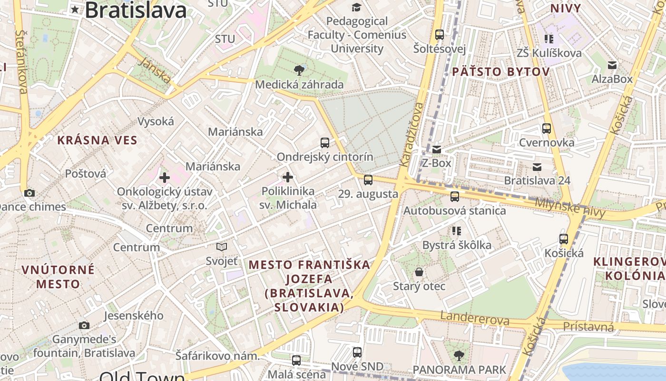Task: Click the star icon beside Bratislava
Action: [x=75, y=9]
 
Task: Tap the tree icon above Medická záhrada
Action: [x=299, y=70]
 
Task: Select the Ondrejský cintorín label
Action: [x=325, y=157]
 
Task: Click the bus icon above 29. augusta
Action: [x=368, y=180]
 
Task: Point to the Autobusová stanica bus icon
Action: [x=455, y=196]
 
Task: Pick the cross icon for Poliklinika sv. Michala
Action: [x=288, y=177]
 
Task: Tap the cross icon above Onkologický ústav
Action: [x=165, y=178]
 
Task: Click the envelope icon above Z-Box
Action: [x=436, y=150]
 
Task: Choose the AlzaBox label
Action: [x=612, y=79]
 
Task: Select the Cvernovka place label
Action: [x=547, y=142]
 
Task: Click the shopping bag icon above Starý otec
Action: [x=419, y=272]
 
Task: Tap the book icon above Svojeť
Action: [x=222, y=247]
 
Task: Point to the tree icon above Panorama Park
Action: [x=459, y=355]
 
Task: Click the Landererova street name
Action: [x=474, y=318]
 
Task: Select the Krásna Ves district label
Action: [x=97, y=140]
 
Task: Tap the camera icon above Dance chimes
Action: [x=29, y=193]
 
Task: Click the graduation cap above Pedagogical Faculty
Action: [x=356, y=7]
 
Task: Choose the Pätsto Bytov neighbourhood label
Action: [x=500, y=72]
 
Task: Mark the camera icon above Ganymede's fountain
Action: [x=84, y=325]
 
